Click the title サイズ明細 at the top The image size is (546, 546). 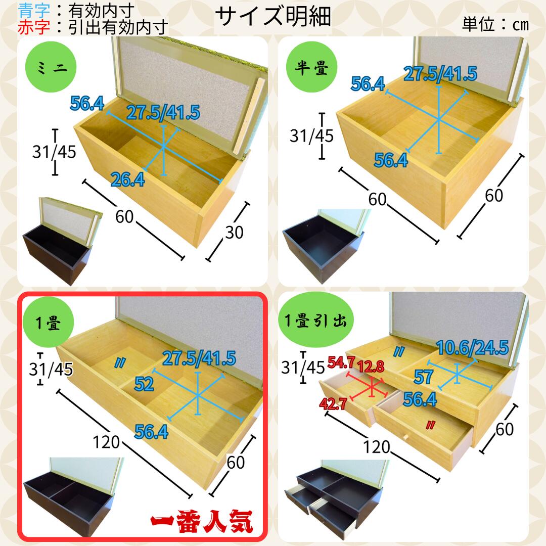click(273, 16)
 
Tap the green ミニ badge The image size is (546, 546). click(51, 67)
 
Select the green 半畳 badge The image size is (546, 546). click(311, 67)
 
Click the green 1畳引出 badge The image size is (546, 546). click(315, 320)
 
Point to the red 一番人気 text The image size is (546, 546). click(202, 521)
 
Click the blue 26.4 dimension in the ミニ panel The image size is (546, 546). click(127, 179)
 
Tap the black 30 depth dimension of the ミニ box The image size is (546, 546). click(234, 233)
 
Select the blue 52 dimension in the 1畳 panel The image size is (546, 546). click(144, 384)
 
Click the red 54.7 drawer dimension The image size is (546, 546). click(341, 362)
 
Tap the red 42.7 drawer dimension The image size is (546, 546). click(333, 403)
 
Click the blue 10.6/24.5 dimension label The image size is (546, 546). click(472, 347)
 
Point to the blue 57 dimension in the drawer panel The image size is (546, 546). click(424, 377)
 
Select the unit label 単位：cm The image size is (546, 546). click(495, 24)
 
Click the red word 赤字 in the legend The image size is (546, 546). click(34, 27)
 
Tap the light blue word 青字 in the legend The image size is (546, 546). click(34, 11)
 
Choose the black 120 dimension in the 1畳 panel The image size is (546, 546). click(106, 442)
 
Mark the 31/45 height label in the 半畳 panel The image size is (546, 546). click(311, 136)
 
